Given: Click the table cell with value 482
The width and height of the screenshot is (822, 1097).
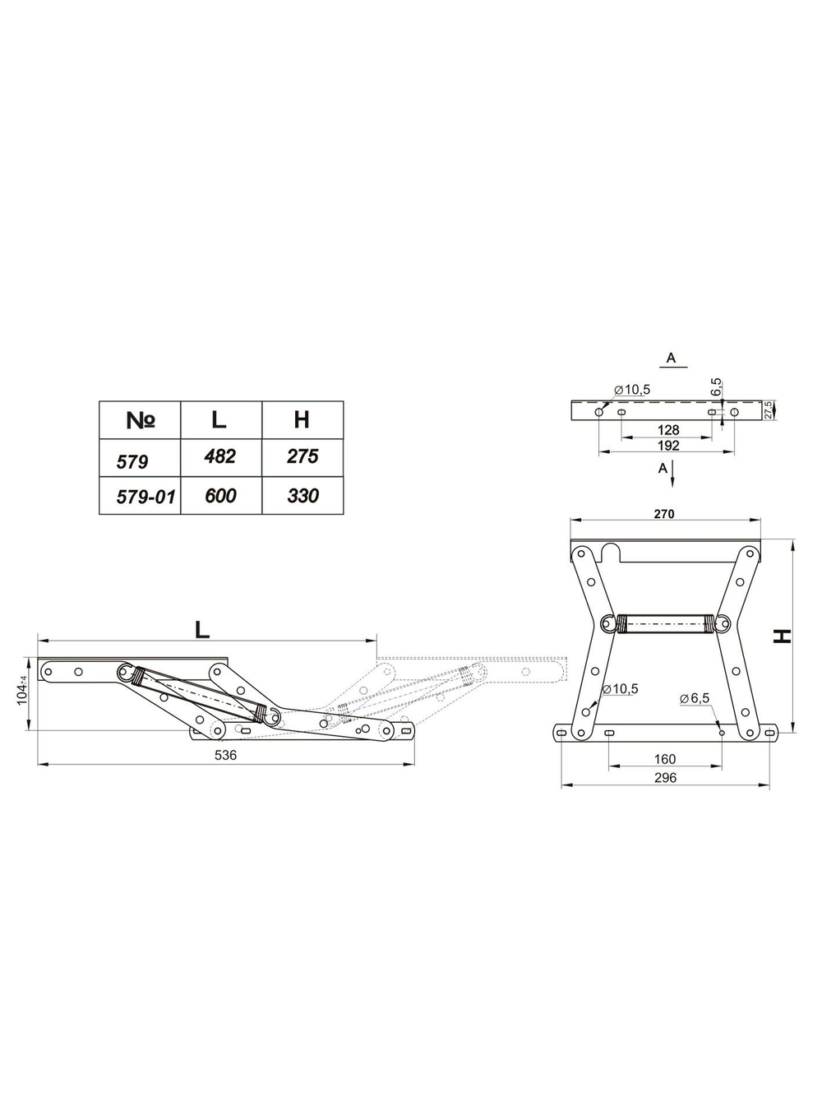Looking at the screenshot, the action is coord(221,458).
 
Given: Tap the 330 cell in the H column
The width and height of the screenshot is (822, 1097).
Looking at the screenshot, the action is coord(303,496).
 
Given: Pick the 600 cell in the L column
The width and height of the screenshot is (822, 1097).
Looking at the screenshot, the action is coord(221,496).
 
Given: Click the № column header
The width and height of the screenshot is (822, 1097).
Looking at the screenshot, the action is coord(141,420).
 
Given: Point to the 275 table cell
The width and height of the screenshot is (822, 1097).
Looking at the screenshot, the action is coord(303,458).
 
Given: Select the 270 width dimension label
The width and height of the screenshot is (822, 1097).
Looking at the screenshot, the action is coord(664,514).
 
